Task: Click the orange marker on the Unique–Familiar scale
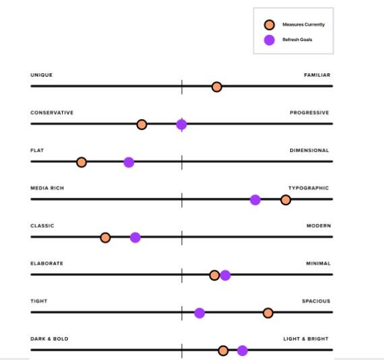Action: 216,87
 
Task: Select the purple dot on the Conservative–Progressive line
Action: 181,124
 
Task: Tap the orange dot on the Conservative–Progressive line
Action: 141,124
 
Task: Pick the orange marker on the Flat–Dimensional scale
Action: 82,162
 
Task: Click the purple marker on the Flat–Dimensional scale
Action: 129,162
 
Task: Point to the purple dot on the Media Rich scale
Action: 255,200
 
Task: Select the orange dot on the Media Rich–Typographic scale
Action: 286,200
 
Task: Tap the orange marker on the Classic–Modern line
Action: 105,238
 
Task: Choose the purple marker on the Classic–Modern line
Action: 135,238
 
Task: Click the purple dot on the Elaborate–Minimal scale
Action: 225,275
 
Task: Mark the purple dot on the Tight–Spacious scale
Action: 199,313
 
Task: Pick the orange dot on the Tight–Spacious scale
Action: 268,313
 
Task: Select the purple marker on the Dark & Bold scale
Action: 243,351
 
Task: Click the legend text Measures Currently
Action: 303,25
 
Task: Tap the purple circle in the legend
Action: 269,40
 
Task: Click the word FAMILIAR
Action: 317,75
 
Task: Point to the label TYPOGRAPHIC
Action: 309,188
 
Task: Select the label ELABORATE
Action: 46,264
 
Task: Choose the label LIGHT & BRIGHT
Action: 306,339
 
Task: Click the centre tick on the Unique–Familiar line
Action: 182,87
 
